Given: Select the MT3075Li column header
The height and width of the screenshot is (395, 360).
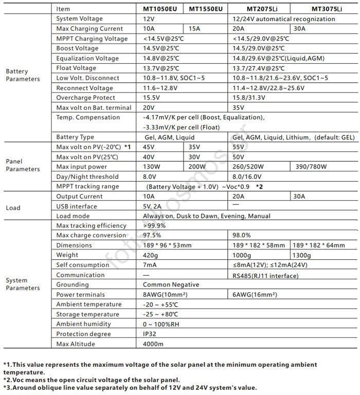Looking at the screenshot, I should coord(327,9).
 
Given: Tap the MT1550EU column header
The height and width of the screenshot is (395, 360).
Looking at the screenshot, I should coord(206,9).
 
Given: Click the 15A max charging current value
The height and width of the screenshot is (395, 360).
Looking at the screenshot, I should coord(194,29).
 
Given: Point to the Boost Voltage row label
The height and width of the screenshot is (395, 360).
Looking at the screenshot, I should coord(77,48).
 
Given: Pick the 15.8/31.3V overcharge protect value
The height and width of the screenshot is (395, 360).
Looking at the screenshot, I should coord(249,98).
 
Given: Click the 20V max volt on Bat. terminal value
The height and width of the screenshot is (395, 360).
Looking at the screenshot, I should coord(149,108).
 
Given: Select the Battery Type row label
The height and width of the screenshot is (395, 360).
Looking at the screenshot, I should coord(75,137).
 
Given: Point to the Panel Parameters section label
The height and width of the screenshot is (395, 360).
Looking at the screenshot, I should coord(23,165).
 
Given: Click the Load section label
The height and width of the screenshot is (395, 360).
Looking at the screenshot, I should coord(13,208).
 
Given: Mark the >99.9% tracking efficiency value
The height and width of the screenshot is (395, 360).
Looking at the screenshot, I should coord(154,225).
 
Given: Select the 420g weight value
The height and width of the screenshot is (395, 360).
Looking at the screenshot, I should coord(151,255).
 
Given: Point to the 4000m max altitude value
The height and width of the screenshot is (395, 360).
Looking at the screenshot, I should coord(153,344).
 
